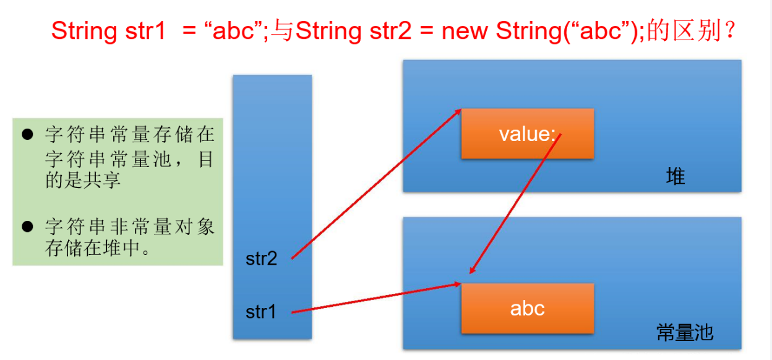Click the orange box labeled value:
527,134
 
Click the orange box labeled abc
527,308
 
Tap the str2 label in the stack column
261,259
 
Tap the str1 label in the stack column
261,312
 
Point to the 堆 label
675,178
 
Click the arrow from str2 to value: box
376,184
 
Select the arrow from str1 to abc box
376,298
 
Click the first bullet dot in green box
27,134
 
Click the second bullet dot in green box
27,226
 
